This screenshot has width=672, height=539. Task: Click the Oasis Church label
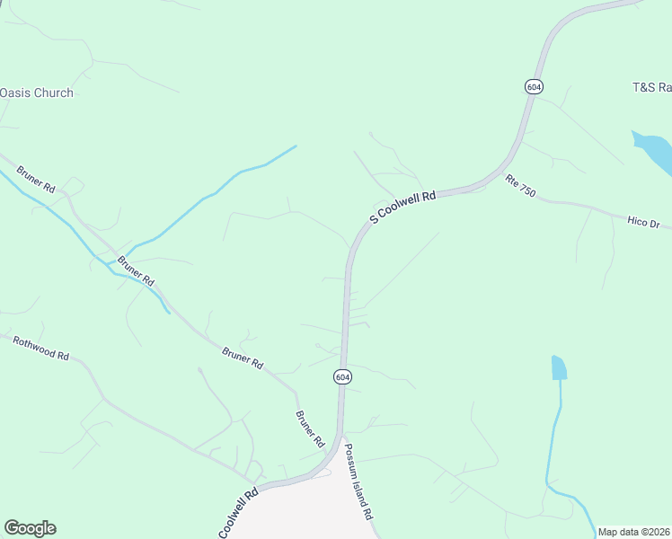pos(37,93)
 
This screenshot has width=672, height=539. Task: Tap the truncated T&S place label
pos(651,87)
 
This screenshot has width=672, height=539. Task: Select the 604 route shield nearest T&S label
pos(534,86)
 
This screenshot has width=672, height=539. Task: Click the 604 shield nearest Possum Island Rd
pos(342,377)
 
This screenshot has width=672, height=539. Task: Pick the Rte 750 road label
pos(520,186)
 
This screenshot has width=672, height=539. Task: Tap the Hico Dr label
pos(643,221)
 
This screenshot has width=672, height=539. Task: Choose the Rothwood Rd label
pos(40,348)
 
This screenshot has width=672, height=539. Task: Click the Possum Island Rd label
pos(358,482)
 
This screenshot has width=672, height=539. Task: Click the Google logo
pos(30,528)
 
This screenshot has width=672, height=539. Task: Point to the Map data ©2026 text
pos(634,532)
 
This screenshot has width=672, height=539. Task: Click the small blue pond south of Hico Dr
pos(559,367)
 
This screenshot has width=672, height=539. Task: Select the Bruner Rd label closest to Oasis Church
pos(37,177)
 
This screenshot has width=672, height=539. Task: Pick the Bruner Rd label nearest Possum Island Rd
pos(309,429)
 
